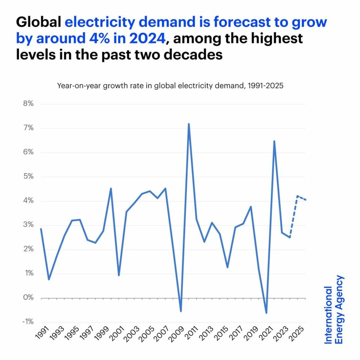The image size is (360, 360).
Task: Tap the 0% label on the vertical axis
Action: [x=28, y=298]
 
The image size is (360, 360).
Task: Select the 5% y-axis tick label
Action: [x=28, y=176]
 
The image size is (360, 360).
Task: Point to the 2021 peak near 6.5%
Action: [x=274, y=141]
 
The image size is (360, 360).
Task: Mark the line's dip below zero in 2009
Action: [x=181, y=311]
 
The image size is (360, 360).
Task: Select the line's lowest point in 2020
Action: [x=266, y=313]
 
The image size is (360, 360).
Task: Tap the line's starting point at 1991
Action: [x=41, y=229]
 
